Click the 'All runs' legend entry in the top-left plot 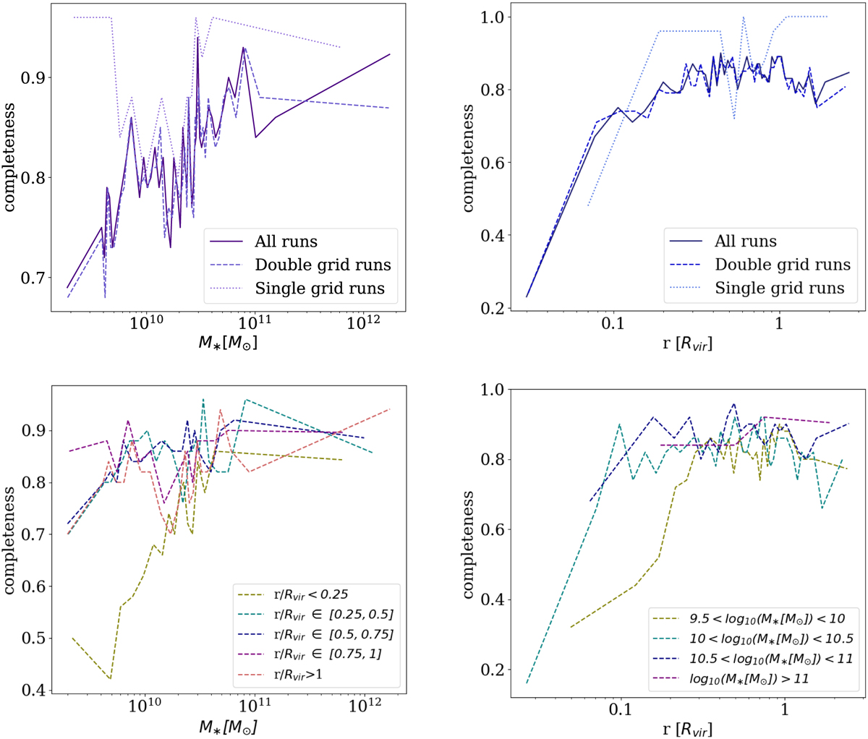pos(286,242)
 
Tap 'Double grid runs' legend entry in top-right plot pos(783,264)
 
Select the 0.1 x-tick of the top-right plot pos(612,322)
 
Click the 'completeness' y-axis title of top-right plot pos(468,158)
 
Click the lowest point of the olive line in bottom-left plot pos(110,678)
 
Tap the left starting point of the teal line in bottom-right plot pos(527,683)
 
